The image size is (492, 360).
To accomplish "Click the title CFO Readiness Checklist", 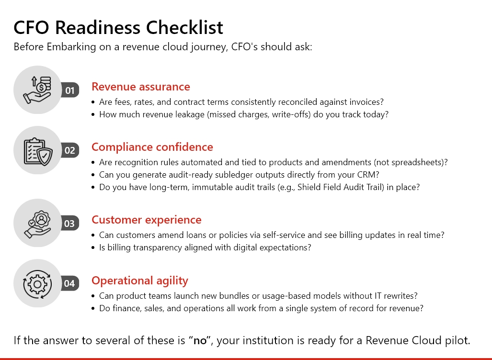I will click(x=118, y=28).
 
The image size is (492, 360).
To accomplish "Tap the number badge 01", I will click(x=70, y=90).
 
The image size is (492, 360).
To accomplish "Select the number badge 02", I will click(x=70, y=150).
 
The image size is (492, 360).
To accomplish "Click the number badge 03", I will click(x=70, y=223).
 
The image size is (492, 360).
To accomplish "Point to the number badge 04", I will click(x=70, y=283).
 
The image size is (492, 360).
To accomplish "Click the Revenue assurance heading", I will click(x=141, y=87).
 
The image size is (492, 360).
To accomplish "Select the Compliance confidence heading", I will click(x=152, y=147).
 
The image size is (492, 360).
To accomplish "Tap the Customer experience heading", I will click(x=147, y=220).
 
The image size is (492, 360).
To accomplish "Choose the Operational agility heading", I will click(x=140, y=281).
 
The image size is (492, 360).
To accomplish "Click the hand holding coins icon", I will click(x=37, y=90).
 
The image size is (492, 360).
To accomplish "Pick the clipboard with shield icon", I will click(x=37, y=150).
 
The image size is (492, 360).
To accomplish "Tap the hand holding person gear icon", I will click(x=37, y=223).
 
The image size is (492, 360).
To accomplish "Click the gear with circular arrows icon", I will click(x=37, y=283).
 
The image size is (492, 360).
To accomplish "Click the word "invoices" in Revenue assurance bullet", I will click(x=368, y=102).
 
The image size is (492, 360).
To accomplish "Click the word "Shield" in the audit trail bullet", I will click(x=309, y=187).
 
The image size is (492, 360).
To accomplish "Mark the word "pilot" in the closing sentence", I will click(x=458, y=341).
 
